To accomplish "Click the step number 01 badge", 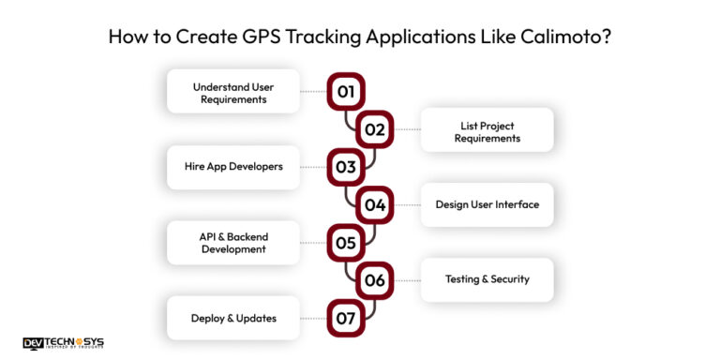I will (346, 92).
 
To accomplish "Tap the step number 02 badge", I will (374, 129).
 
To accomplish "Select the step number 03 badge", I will (346, 167).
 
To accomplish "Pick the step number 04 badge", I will (374, 204).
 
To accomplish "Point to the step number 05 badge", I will (346, 243).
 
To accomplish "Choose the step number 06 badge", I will (374, 280).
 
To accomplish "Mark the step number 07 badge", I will (346, 318).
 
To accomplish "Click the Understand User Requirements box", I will (233, 92).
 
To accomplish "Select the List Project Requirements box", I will (487, 130).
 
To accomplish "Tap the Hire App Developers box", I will (233, 167).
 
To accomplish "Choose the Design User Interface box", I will (487, 204).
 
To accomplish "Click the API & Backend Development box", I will (233, 243).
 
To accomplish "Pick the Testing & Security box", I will (487, 279).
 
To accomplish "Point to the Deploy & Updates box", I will (233, 318).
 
